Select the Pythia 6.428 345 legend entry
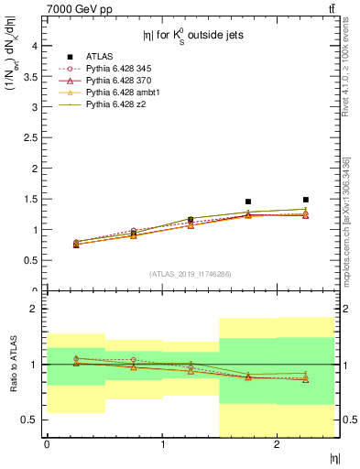point(117,70)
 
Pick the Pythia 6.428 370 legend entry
point(117,82)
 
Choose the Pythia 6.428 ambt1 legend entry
point(119,93)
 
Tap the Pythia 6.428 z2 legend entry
point(114,105)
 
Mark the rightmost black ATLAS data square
point(306,200)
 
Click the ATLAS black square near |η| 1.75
point(248,202)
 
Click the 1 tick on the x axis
point(162,443)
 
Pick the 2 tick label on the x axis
point(278,443)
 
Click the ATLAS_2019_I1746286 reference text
point(190,274)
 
